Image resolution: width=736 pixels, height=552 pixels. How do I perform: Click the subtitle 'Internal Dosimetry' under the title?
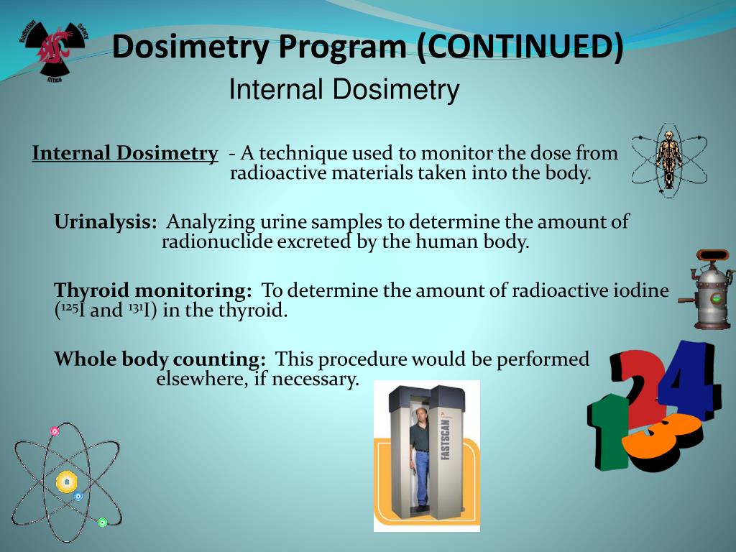pyautogui.click(x=344, y=91)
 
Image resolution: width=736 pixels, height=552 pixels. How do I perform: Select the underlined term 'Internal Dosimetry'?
pyautogui.click(x=125, y=153)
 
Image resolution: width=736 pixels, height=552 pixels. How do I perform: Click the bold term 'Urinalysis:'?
pyautogui.click(x=106, y=222)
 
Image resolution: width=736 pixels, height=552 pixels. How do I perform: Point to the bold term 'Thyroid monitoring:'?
pyautogui.click(x=153, y=290)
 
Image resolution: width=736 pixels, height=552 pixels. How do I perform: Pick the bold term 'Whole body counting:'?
pyautogui.click(x=160, y=359)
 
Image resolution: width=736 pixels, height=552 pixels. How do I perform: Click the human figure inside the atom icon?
pyautogui.click(x=668, y=160)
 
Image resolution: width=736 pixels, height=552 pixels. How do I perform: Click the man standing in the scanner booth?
pyautogui.click(x=421, y=453)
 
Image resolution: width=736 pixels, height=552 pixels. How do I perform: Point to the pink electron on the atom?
pyautogui.click(x=55, y=431)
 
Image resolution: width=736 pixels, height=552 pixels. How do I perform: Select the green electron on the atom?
pyautogui.click(x=102, y=523)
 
